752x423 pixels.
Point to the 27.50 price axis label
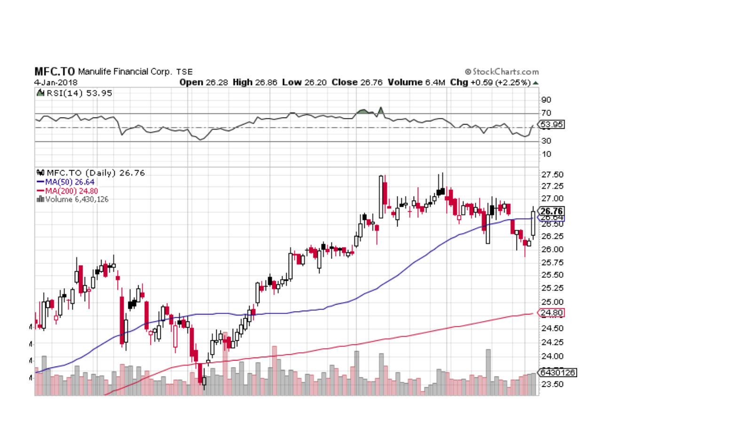[552, 174]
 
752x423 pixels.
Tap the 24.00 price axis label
[552, 356]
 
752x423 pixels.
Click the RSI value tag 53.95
[551, 125]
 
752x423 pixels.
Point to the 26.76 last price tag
[551, 211]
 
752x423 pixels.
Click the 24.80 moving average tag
[551, 313]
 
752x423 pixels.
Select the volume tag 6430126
[557, 373]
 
